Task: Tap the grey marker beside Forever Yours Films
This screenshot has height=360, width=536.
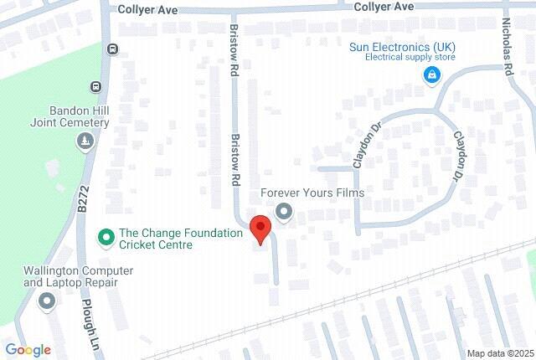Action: point(285,212)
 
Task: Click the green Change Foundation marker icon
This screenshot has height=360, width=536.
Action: point(106,238)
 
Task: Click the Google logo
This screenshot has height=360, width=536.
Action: point(28,350)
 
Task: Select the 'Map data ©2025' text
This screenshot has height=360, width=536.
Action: point(501,353)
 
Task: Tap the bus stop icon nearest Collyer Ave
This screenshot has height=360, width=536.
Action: point(112,49)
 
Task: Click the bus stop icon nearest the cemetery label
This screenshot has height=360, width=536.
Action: point(96,86)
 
